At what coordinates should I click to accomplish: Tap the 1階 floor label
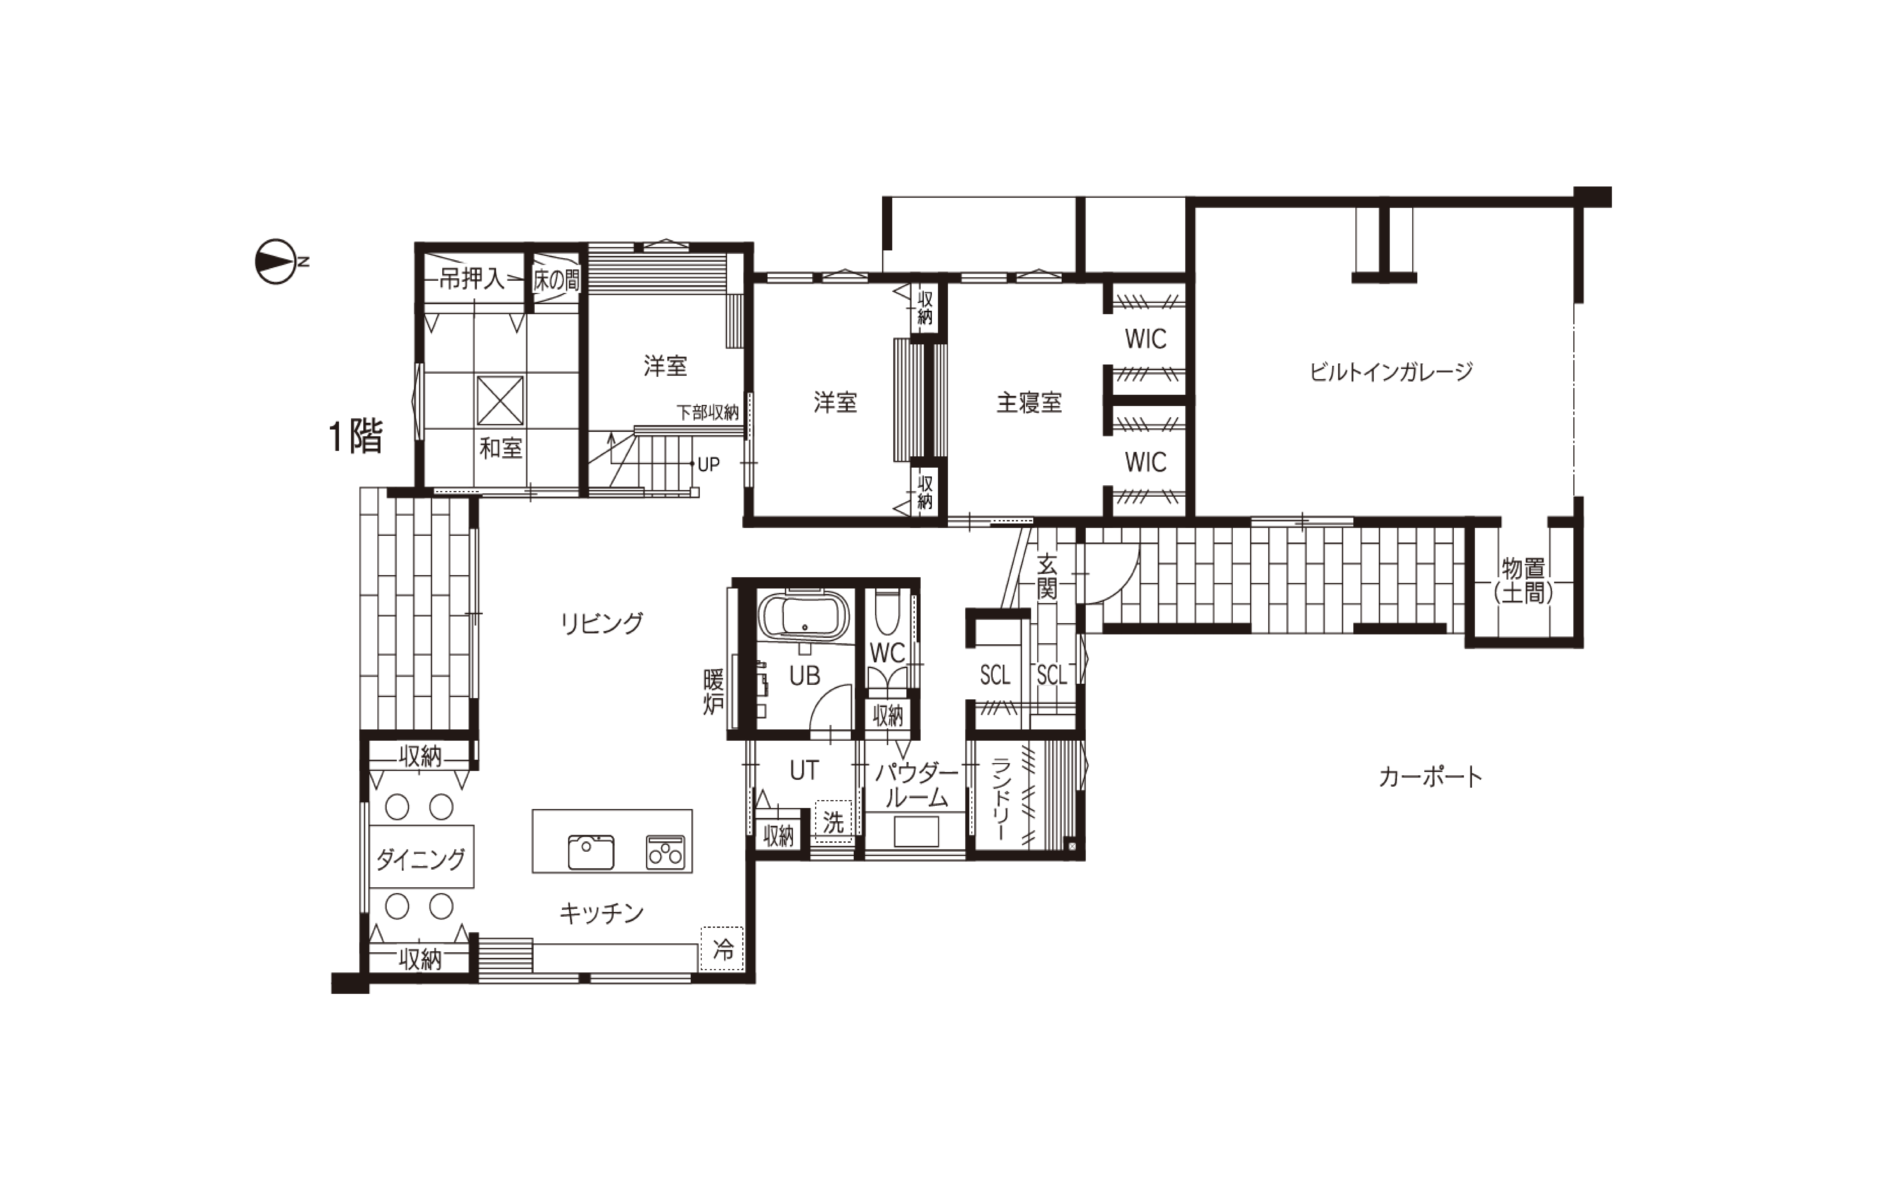[356, 436]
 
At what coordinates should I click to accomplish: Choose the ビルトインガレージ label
[1391, 372]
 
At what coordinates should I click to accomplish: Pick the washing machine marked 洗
[833, 822]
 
